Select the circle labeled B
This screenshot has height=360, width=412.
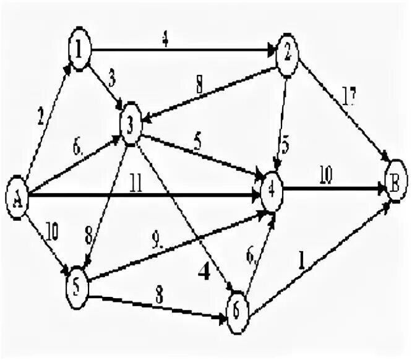point(395,183)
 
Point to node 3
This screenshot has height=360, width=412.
point(131,124)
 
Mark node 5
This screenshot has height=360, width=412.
point(77,281)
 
